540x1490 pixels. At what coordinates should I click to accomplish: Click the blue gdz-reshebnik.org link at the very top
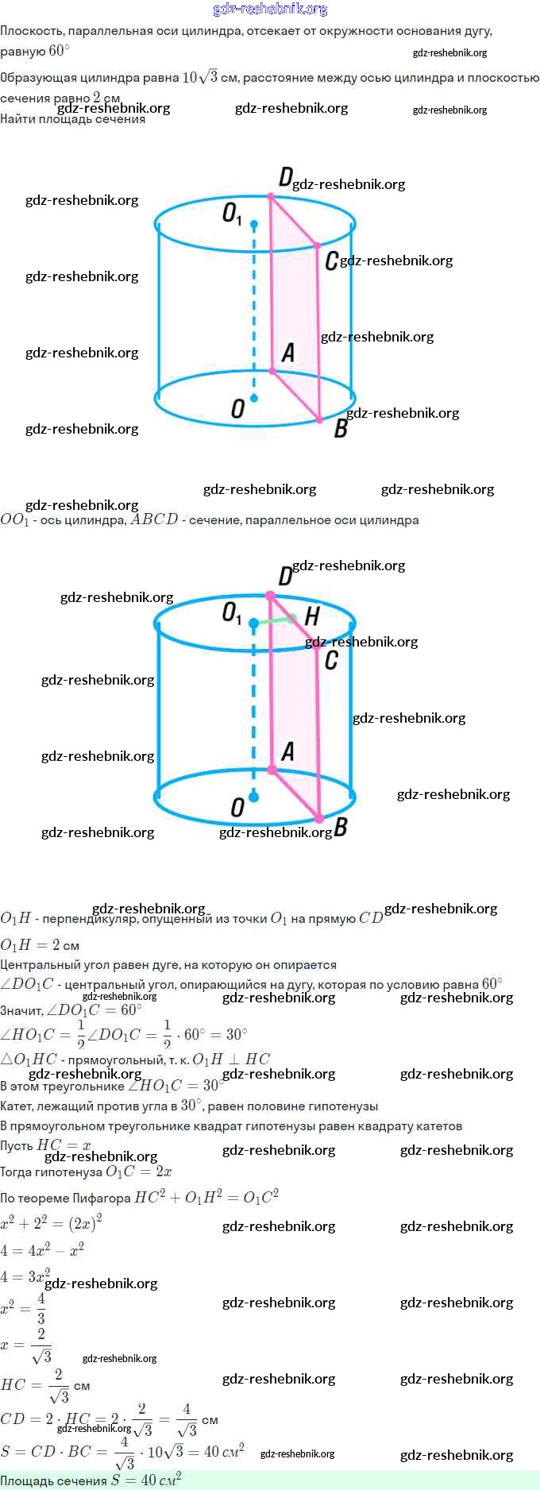[x=270, y=10]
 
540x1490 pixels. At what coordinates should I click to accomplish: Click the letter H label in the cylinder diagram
[x=312, y=616]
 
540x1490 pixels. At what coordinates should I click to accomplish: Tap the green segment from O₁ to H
[x=274, y=620]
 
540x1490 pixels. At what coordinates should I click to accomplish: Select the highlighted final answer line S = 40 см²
[x=91, y=1480]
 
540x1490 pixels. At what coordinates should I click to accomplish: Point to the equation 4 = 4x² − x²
[x=42, y=1250]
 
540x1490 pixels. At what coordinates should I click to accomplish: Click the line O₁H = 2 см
[x=40, y=945]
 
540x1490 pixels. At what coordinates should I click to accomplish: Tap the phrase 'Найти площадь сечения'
[x=72, y=119]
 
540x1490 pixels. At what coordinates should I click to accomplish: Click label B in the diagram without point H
[x=341, y=429]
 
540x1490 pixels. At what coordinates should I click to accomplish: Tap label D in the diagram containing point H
[x=285, y=577]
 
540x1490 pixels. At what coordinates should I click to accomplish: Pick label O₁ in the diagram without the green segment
[x=231, y=214]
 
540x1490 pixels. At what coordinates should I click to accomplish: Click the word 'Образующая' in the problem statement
[x=38, y=78]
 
